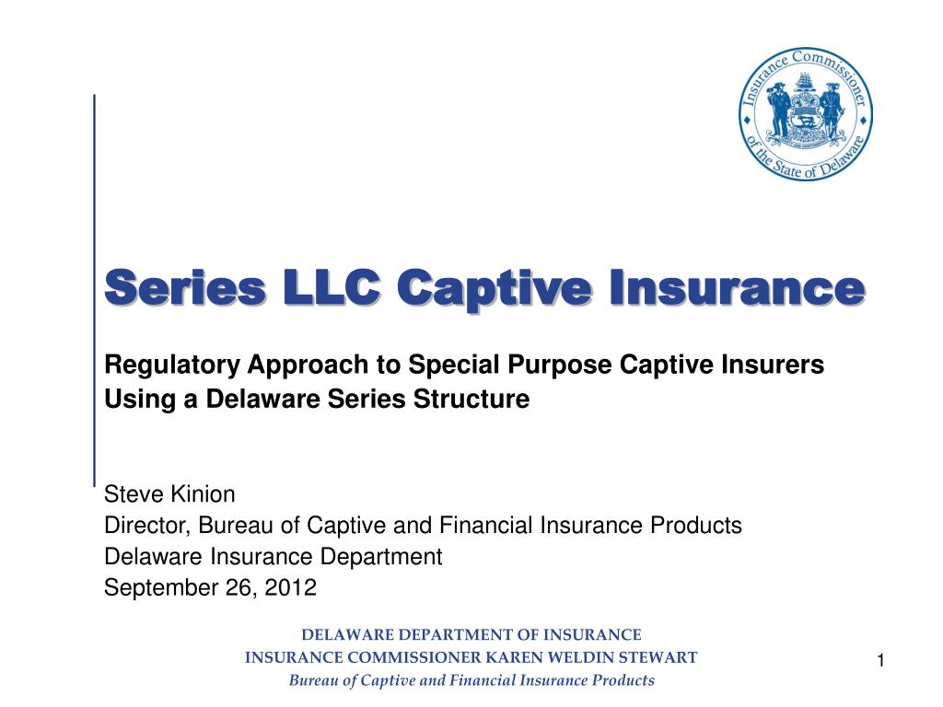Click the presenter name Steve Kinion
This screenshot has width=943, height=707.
click(169, 495)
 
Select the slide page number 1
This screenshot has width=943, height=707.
click(880, 660)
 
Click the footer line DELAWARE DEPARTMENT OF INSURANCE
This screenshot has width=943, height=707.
click(471, 634)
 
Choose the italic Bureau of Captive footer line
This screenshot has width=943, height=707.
click(471, 680)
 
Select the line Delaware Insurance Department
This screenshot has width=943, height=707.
click(274, 556)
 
